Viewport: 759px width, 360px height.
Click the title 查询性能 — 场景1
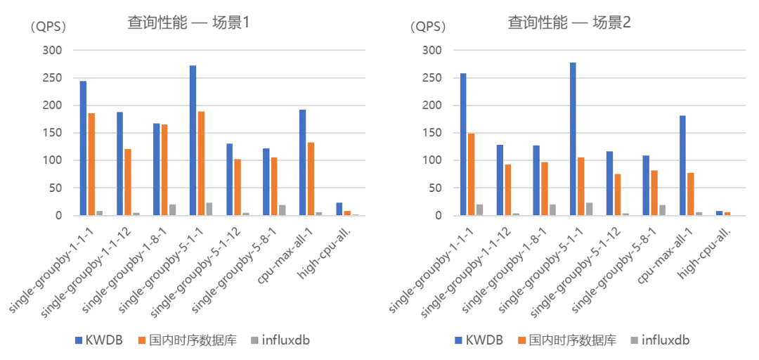189,22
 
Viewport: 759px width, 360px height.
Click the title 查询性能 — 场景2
569,22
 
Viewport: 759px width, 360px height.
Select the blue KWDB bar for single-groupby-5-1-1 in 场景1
193,141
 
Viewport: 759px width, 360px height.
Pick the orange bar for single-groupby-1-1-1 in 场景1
91,165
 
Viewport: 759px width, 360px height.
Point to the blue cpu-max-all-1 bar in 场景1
302,162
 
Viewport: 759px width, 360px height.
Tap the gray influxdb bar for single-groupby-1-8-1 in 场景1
173,210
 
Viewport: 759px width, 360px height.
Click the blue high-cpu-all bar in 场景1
339,209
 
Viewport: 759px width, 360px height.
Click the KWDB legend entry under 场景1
99,340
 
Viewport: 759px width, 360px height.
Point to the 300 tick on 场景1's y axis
53,51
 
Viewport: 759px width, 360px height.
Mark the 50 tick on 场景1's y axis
56,188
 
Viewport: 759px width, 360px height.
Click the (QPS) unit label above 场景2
428,27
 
